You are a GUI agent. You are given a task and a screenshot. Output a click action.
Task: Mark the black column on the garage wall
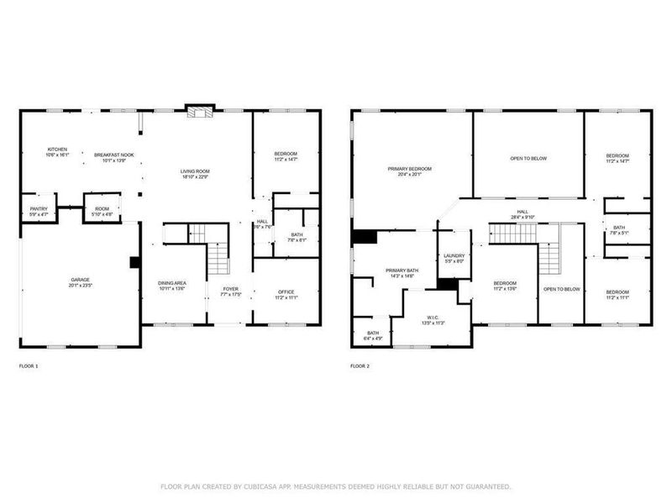click(134, 262)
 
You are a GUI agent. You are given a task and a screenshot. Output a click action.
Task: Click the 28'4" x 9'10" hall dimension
click(522, 217)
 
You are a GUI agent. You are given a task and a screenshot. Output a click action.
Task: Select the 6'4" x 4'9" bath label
click(373, 339)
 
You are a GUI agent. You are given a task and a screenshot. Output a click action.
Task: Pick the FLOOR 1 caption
click(29, 366)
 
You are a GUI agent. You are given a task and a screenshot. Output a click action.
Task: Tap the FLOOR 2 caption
click(360, 366)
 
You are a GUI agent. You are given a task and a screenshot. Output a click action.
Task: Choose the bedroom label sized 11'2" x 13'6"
click(505, 286)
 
